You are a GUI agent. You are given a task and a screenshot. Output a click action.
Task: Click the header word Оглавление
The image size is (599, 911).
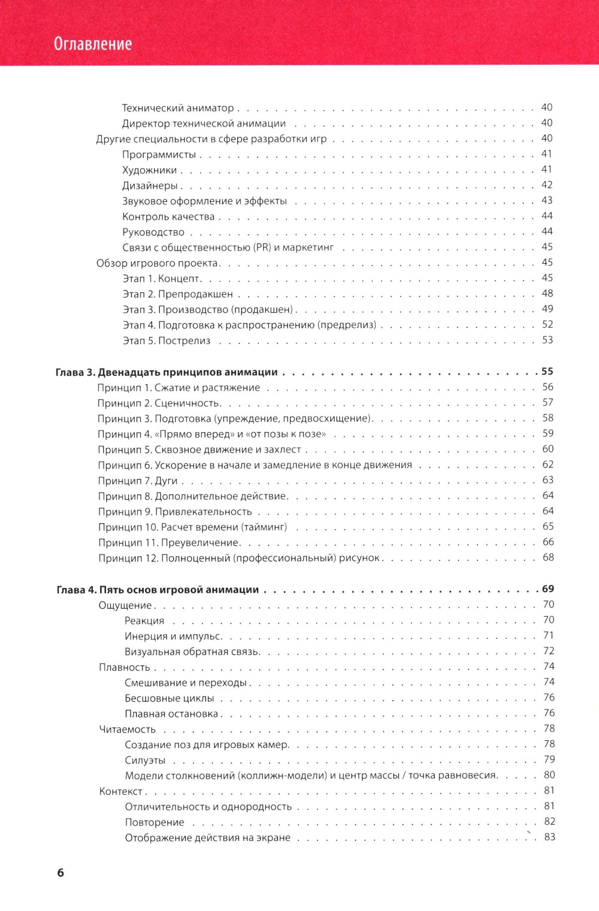pyautogui.click(x=93, y=44)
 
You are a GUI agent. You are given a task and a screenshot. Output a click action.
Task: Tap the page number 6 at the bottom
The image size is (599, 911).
pyautogui.click(x=60, y=873)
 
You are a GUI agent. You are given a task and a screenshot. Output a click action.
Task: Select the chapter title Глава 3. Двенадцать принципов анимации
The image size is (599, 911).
pyautogui.click(x=167, y=372)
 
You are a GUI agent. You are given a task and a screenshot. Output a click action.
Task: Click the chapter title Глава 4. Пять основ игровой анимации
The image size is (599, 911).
pyautogui.click(x=158, y=590)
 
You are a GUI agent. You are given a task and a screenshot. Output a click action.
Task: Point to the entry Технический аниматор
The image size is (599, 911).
pyautogui.click(x=178, y=108)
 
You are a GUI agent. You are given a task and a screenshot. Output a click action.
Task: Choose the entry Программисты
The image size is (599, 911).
pyautogui.click(x=159, y=155)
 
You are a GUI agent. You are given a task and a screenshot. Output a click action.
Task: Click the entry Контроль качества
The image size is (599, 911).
pyautogui.click(x=168, y=216)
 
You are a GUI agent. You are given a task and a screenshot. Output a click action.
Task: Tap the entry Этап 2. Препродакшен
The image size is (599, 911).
pyautogui.click(x=177, y=294)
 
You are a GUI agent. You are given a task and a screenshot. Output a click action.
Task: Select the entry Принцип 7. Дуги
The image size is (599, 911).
pyautogui.click(x=138, y=481)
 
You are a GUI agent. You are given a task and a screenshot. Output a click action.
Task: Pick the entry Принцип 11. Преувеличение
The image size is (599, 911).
pyautogui.click(x=168, y=543)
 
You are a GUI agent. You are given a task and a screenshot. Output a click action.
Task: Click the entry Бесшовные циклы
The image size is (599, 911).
pyautogui.click(x=169, y=698)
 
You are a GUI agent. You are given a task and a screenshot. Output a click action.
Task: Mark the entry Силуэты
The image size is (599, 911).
pyautogui.click(x=145, y=760)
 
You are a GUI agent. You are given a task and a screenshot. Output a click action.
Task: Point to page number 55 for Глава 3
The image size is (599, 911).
pyautogui.click(x=547, y=372)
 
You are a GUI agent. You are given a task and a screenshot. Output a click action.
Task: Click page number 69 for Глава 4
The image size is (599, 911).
pyautogui.click(x=547, y=589)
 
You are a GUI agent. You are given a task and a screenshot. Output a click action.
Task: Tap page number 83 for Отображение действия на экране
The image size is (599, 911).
pyautogui.click(x=549, y=837)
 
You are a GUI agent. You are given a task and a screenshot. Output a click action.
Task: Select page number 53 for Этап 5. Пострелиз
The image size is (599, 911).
pyautogui.click(x=547, y=340)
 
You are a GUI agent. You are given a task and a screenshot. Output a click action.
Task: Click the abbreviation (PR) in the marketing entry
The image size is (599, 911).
pyautogui.click(x=262, y=248)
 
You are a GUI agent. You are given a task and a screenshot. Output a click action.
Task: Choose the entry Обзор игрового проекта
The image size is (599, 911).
pyautogui.click(x=157, y=263)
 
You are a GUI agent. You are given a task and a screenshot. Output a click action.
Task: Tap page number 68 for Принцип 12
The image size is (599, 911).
pyautogui.click(x=548, y=558)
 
